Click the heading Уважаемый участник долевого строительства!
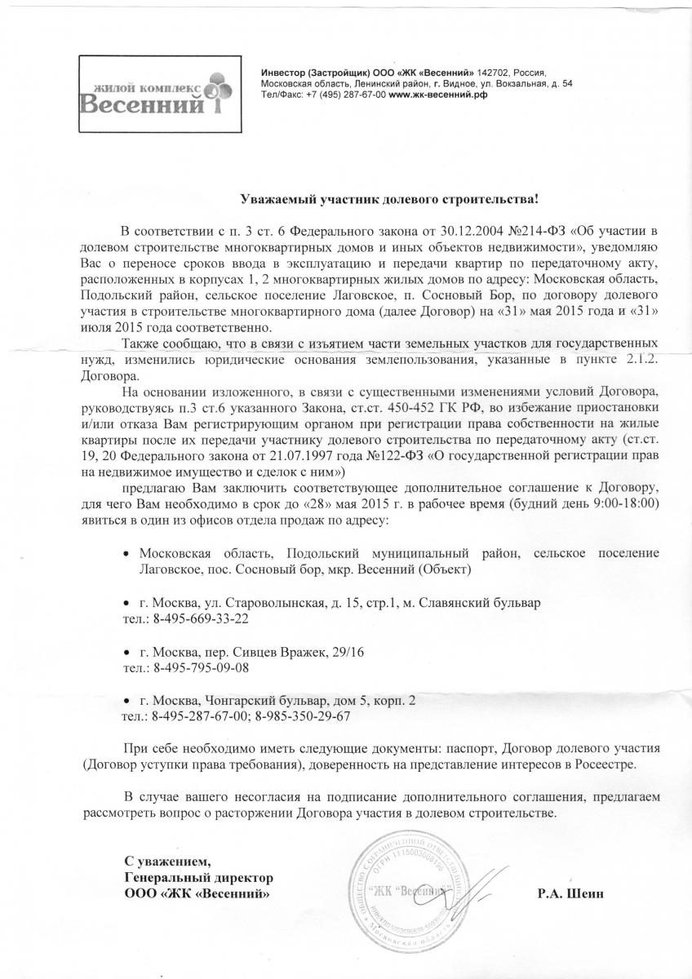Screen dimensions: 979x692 [394, 198]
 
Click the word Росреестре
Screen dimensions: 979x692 [601, 765]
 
